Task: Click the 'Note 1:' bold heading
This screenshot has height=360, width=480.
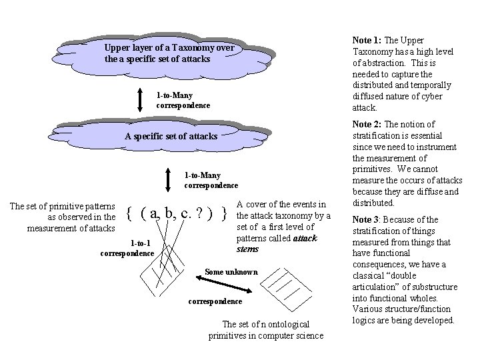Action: point(368,41)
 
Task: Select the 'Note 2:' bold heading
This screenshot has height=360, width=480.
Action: point(368,124)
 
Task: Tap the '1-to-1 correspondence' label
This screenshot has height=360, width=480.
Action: point(127,249)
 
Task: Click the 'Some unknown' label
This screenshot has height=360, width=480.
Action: point(231,271)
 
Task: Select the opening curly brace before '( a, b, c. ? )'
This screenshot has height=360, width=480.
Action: point(131,214)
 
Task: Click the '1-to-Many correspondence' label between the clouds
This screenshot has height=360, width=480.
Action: point(183,100)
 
